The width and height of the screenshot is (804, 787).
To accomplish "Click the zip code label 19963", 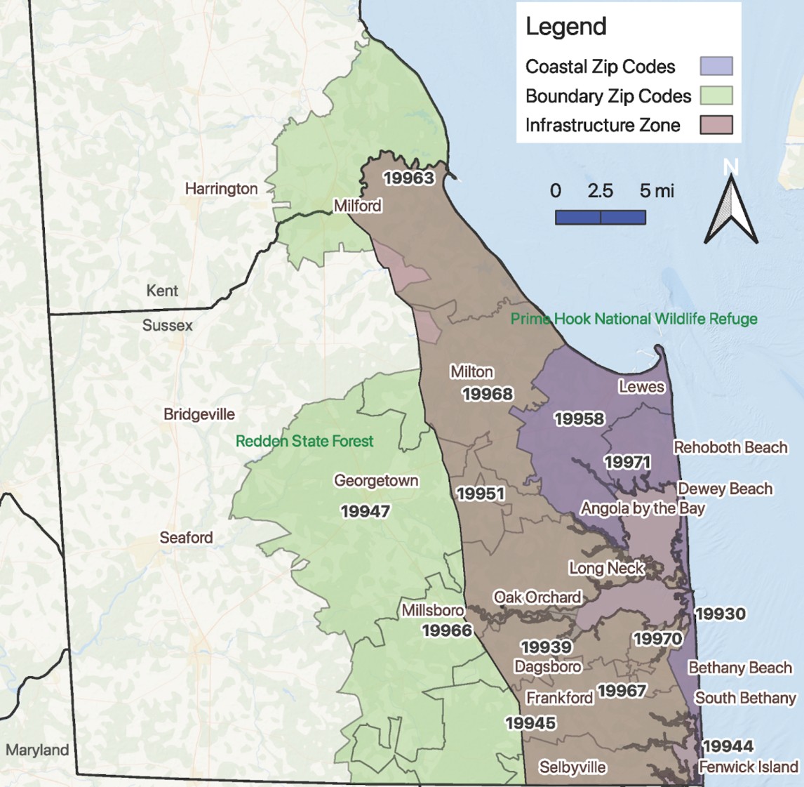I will [x=408, y=178].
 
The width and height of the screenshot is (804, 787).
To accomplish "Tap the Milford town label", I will [x=358, y=206].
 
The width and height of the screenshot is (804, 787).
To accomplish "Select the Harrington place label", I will [x=221, y=189].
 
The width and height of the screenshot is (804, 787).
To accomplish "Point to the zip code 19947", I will [x=365, y=512].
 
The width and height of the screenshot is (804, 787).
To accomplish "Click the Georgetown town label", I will [x=376, y=481].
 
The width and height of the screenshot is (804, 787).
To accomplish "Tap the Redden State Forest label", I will [x=304, y=442].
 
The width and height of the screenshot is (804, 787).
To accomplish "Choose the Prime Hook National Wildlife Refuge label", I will [x=634, y=319].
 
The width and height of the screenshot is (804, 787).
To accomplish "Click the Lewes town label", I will [x=641, y=387].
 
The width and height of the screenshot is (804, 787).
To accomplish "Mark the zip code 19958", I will [x=579, y=419].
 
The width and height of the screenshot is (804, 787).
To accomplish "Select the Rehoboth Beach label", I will [x=730, y=447].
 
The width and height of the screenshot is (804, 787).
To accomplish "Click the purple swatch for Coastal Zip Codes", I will [x=716, y=67].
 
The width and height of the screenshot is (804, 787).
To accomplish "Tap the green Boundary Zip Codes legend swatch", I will [x=716, y=95].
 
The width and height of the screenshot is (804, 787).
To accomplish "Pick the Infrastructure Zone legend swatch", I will [x=716, y=125].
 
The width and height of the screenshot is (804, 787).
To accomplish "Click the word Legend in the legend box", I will [x=565, y=27].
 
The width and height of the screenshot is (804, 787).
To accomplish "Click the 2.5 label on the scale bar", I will [x=600, y=191].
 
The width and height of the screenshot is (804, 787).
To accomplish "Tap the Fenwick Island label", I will [x=749, y=767].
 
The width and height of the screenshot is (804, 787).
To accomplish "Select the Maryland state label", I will [x=37, y=750].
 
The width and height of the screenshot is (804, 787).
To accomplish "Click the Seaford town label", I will [x=186, y=538].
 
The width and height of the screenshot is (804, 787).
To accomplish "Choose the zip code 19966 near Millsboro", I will [x=447, y=630].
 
